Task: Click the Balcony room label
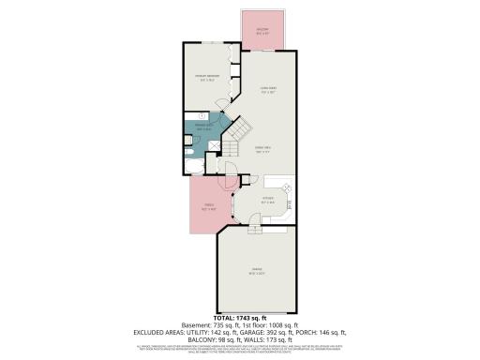pos(263,30)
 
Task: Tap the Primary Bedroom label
pos(206,78)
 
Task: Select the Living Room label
pos(270,91)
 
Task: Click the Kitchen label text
pos(267,198)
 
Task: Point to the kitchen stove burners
pos(289,190)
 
